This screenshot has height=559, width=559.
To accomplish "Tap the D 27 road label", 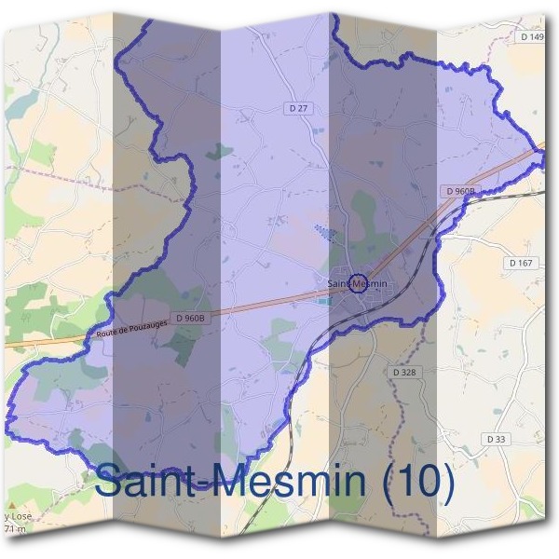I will (298, 108).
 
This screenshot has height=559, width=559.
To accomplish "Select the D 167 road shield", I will (521, 264).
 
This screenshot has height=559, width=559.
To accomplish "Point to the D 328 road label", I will (403, 372).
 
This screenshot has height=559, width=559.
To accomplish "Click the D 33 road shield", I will (495, 438).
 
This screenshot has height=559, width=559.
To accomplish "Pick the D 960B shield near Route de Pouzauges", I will (189, 319).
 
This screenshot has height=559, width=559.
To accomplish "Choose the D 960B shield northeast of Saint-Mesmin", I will (460, 191).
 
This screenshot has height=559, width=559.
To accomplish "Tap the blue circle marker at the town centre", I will (357, 283).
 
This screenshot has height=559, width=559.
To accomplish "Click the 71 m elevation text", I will (12, 529).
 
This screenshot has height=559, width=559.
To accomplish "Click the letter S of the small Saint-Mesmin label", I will (331, 283).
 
